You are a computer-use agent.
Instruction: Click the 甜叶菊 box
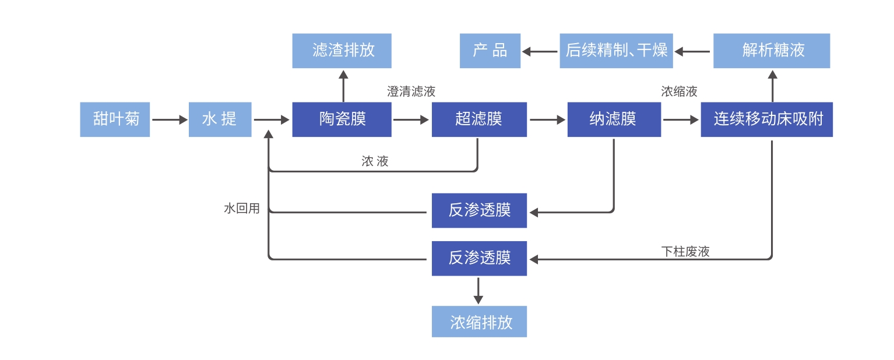coord(115,119)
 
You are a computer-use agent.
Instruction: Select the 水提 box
coord(220,119)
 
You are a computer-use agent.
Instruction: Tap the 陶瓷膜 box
coord(342,119)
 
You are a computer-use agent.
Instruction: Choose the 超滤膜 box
coord(478,119)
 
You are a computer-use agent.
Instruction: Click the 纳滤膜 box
coord(614,119)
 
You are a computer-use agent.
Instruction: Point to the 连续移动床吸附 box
coord(766,119)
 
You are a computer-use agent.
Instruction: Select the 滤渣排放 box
coord(342,51)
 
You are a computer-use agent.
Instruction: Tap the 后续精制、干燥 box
coord(616,51)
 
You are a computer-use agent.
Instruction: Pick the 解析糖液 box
coord(772,51)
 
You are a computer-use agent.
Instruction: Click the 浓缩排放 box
coord(479,322)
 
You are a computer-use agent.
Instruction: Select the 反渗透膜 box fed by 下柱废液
coord(479,258)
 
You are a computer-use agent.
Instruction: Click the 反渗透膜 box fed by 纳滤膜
coord(479,210)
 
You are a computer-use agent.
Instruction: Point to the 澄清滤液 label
coord(411,91)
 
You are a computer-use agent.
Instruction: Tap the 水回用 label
coord(241,209)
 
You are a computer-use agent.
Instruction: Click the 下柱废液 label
coord(685,252)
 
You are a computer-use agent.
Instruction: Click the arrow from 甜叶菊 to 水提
coord(169,120)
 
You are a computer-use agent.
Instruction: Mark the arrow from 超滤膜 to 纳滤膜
coord(547,120)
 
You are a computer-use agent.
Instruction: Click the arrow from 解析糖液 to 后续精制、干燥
coord(693,51)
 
